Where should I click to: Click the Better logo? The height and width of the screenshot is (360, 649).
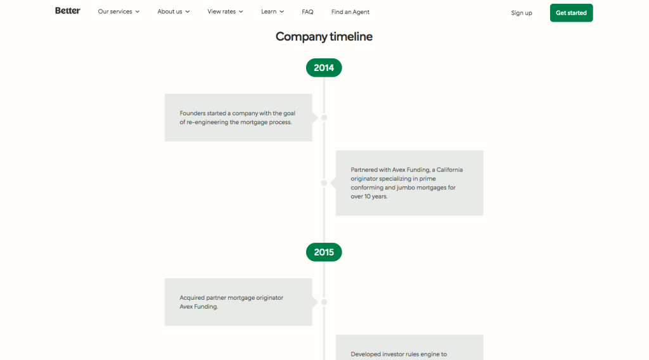(x=67, y=11)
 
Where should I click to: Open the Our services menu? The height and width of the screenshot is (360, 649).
(x=119, y=11)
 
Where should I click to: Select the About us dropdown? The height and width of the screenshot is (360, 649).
(x=174, y=11)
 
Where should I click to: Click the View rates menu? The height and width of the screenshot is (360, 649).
(x=225, y=11)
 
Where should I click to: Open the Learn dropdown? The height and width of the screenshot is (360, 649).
(x=273, y=11)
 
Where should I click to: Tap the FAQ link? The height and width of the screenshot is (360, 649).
(x=307, y=12)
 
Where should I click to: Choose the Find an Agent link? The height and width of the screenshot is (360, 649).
(x=350, y=12)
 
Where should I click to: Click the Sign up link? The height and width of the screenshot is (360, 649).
(x=522, y=13)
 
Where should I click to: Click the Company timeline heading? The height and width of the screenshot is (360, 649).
(x=324, y=36)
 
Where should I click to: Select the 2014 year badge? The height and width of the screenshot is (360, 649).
(x=324, y=68)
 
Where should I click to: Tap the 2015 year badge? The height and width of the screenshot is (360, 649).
(x=324, y=252)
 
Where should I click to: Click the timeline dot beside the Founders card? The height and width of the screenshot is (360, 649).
(x=324, y=118)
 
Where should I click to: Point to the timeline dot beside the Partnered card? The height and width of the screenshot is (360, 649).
(x=324, y=183)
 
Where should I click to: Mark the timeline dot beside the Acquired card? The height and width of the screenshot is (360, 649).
(x=324, y=302)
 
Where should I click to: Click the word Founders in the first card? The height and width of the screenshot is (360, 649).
(x=193, y=113)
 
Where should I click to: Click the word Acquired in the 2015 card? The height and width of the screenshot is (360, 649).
(x=192, y=298)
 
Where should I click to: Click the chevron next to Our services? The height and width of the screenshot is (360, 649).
(x=138, y=11)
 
